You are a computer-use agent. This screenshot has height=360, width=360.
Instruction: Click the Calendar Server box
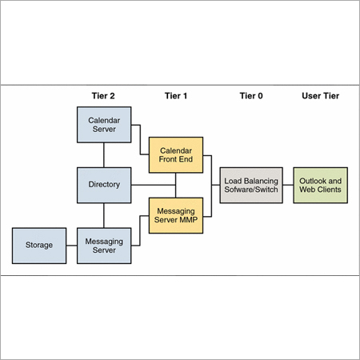click(x=104, y=125)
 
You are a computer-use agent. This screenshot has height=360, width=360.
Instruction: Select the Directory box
click(x=104, y=185)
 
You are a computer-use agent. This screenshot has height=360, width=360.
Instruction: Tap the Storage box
click(x=38, y=245)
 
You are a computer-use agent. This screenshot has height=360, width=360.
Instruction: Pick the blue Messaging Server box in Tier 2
click(x=104, y=245)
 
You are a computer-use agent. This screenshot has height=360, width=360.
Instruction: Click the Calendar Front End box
click(x=176, y=155)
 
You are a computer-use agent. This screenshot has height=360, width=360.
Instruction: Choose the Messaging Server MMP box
click(x=176, y=215)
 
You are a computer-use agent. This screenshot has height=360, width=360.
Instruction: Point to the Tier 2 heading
click(x=104, y=96)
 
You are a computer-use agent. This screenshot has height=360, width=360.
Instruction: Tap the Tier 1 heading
click(x=176, y=96)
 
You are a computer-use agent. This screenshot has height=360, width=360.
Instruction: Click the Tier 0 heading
click(x=250, y=96)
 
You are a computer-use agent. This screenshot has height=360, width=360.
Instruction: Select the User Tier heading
click(x=320, y=96)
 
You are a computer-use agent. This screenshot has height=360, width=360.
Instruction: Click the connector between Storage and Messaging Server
click(x=70, y=245)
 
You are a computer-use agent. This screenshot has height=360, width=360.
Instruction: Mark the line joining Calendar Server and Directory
click(x=104, y=155)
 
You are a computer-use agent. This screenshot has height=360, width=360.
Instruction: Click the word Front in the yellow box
click(x=167, y=160)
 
